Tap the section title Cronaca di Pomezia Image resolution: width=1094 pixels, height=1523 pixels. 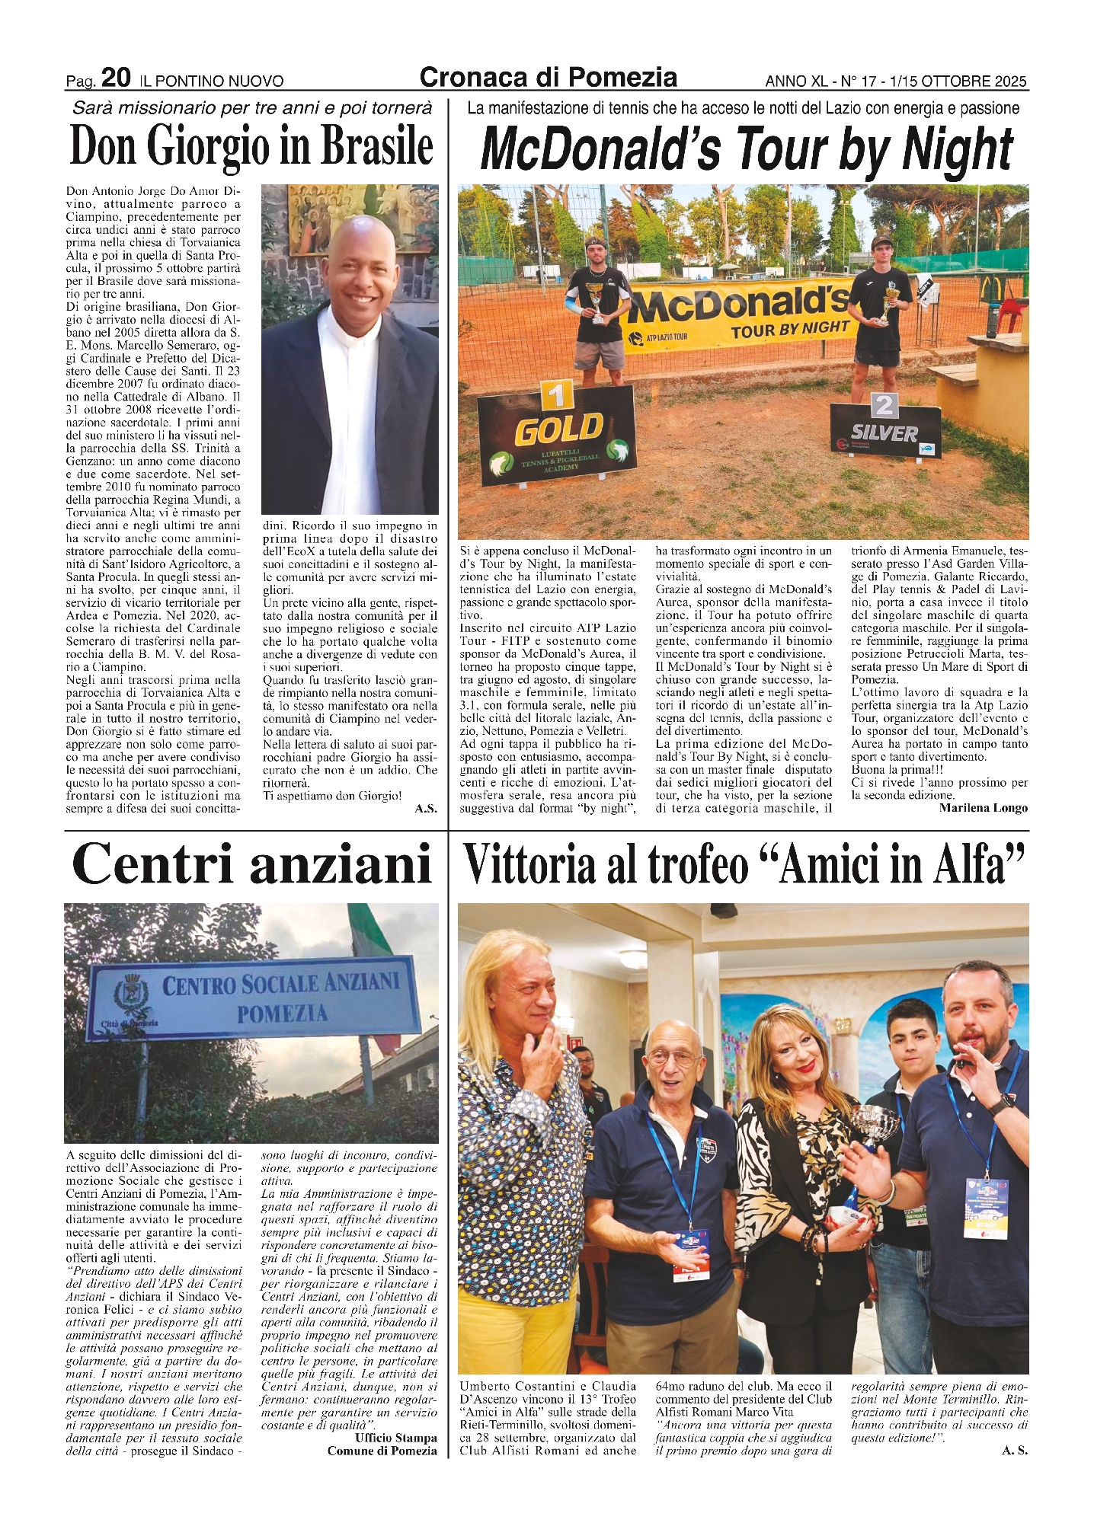[x=548, y=77]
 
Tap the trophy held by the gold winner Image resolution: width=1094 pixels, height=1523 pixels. [x=597, y=303]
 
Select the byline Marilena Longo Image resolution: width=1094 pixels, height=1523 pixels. [x=983, y=808]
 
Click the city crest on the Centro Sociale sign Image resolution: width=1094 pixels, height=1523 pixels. [x=126, y=994]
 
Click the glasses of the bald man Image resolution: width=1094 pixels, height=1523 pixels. [x=671, y=1057]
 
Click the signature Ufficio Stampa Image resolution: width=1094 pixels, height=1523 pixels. [x=395, y=1438]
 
